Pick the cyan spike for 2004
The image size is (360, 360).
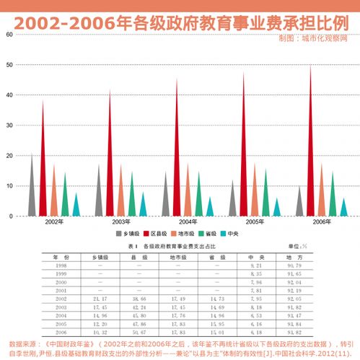211,208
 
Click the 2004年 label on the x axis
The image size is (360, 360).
188,222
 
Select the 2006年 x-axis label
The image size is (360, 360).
322,222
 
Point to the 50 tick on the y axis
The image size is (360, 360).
9,65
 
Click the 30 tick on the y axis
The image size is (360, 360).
9,126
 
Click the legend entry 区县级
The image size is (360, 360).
162,234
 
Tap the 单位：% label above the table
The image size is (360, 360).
297,247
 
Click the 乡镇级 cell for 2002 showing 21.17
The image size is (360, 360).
100,297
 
